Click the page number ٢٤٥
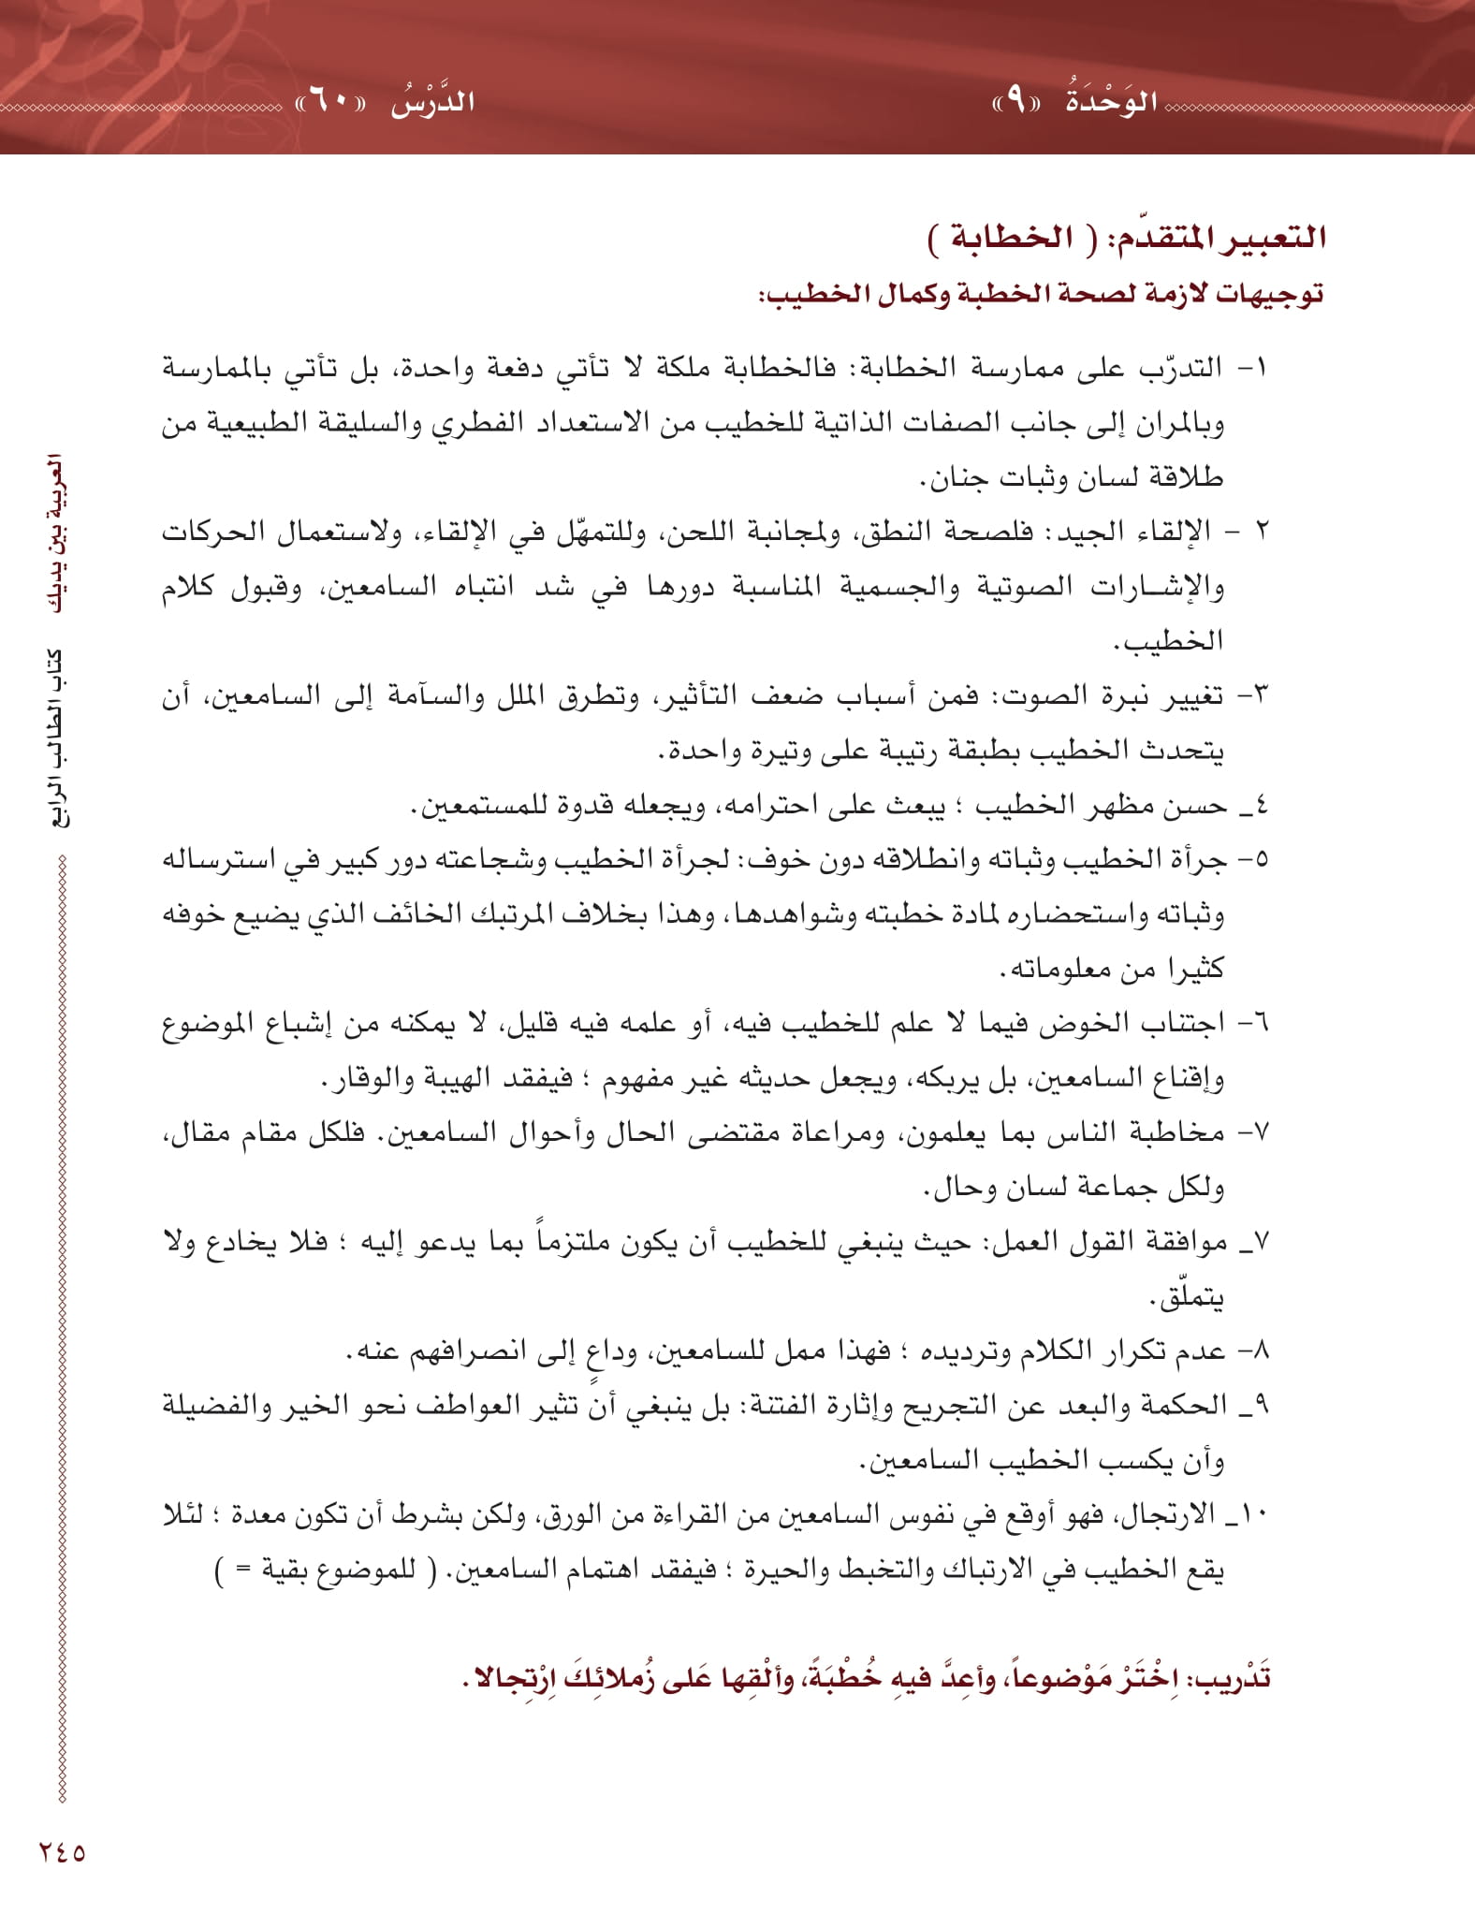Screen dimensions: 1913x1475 [x=62, y=1850]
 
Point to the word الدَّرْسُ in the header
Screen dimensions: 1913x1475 [x=432, y=100]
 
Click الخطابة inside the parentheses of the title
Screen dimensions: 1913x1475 [x=999, y=237]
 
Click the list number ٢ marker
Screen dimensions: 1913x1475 [x=1261, y=532]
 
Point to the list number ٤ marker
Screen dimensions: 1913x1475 [x=1261, y=805]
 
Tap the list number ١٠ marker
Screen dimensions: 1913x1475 [x=1254, y=1514]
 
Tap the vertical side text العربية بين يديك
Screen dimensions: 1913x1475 [x=57, y=533]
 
